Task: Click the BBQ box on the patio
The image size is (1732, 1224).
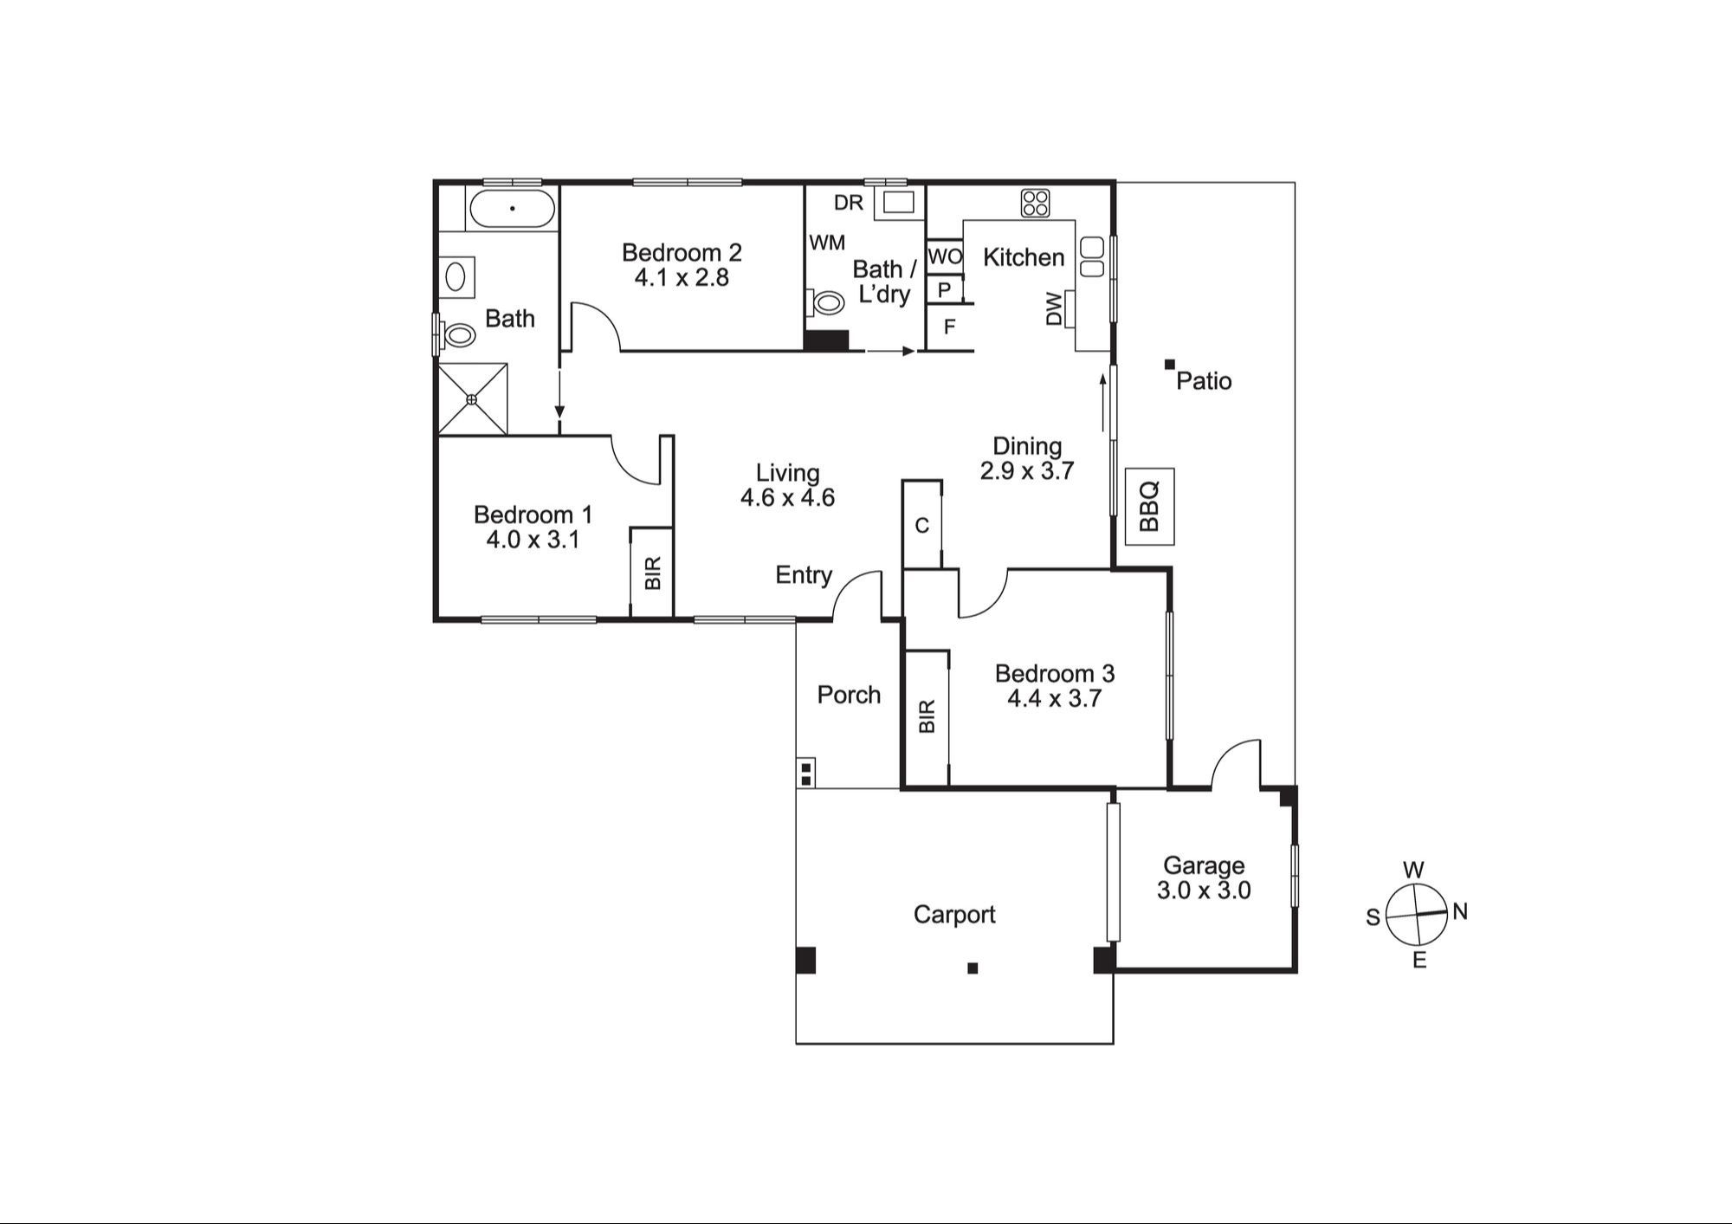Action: point(1149,507)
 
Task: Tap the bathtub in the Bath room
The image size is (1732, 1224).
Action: point(512,209)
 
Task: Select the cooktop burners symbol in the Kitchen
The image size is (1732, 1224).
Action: point(1036,203)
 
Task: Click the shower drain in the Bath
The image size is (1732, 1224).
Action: point(472,399)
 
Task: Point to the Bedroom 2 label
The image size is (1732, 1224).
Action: point(682,253)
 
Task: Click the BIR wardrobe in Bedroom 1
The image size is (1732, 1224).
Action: point(652,572)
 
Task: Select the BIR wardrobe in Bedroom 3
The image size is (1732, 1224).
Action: point(927,717)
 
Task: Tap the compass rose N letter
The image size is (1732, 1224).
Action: point(1460,911)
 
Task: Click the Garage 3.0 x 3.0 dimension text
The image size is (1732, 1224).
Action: point(1204,890)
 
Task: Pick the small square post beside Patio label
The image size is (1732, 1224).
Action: point(1169,365)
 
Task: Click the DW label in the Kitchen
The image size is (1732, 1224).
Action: point(1054,309)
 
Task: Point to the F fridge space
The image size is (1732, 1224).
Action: point(949,327)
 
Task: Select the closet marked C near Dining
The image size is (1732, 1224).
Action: point(922,525)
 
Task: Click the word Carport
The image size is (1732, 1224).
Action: point(954,915)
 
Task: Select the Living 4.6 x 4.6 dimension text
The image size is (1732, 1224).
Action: point(787,498)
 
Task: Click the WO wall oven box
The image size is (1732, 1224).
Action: point(945,256)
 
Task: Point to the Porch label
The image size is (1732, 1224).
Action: point(849,695)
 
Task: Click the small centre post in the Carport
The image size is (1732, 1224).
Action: point(973,968)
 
